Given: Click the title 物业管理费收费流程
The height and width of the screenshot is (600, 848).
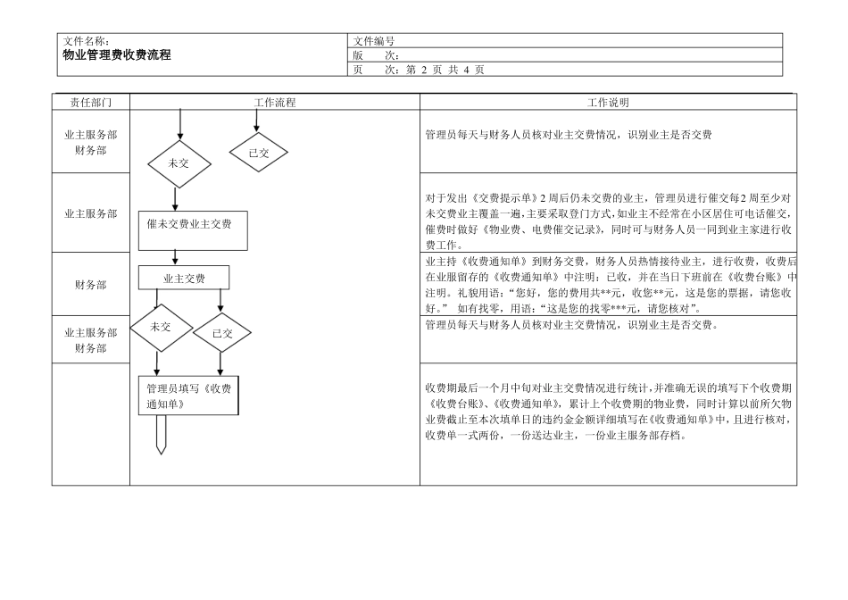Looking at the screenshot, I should click(x=116, y=55).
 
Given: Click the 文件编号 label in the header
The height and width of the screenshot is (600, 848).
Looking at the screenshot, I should click(x=374, y=41).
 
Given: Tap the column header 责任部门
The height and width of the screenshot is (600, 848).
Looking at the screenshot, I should click(x=90, y=103).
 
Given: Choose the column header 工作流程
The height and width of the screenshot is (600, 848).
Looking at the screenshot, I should click(x=275, y=103).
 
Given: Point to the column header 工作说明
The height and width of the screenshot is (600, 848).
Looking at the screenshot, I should click(x=608, y=103).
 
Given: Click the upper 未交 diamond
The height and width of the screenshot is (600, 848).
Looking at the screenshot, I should click(x=179, y=163).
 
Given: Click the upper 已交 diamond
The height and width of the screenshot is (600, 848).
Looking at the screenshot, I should click(x=259, y=153).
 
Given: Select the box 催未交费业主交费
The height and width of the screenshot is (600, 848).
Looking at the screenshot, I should click(x=193, y=224).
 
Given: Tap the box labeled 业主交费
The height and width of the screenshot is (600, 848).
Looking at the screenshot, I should click(x=184, y=279).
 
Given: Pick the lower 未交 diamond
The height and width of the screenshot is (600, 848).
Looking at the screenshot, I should click(x=161, y=327).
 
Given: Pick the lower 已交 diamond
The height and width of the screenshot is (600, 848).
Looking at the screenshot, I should click(x=222, y=333).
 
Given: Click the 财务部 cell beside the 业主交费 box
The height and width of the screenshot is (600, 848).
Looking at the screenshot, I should click(x=90, y=285).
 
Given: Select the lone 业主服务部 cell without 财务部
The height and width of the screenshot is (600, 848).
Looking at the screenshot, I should click(x=90, y=214).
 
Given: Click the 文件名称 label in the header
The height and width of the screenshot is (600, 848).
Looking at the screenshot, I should click(x=87, y=41).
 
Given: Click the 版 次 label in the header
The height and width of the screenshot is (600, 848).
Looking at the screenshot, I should click(x=376, y=55).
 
